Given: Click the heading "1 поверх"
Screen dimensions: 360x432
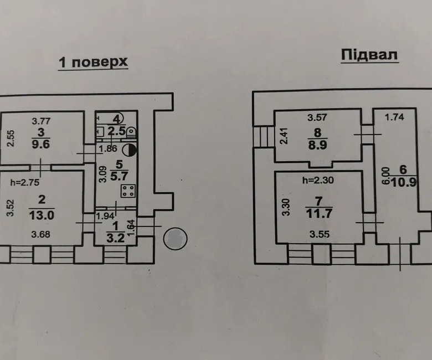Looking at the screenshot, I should point(93,61).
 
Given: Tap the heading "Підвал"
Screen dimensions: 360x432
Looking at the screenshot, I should point(369,55).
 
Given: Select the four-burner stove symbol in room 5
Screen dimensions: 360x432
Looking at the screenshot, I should point(128,192).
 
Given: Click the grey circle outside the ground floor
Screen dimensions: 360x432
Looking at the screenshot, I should point(176,239).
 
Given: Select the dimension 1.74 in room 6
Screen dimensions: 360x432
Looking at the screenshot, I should point(394,117).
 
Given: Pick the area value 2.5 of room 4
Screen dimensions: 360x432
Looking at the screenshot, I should point(116,131).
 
